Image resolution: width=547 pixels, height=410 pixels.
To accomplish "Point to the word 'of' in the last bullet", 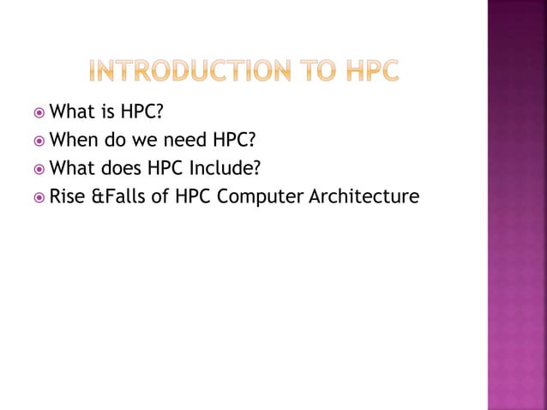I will click(x=160, y=198).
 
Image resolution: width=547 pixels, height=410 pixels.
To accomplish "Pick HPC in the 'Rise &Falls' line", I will click(x=194, y=198).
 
